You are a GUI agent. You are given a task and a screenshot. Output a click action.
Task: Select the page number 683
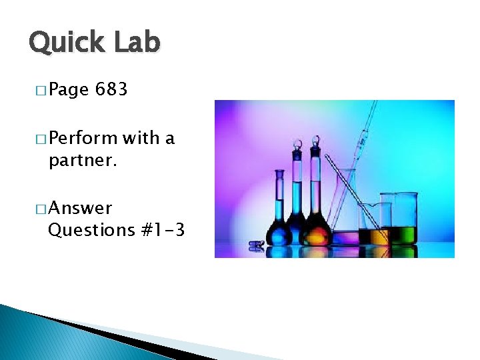pyautogui.click(x=111, y=89)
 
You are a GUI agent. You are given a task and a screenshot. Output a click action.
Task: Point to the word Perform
pyautogui.click(x=83, y=139)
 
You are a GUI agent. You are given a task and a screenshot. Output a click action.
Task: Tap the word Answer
pyautogui.click(x=80, y=209)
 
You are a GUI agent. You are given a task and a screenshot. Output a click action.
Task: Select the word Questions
pyautogui.click(x=92, y=231)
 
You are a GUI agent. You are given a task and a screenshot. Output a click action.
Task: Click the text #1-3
pyautogui.click(x=163, y=231)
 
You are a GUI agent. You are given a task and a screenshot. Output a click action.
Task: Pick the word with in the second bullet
pyautogui.click(x=141, y=138)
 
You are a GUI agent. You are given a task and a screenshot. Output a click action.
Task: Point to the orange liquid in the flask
pyautogui.click(x=316, y=234)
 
